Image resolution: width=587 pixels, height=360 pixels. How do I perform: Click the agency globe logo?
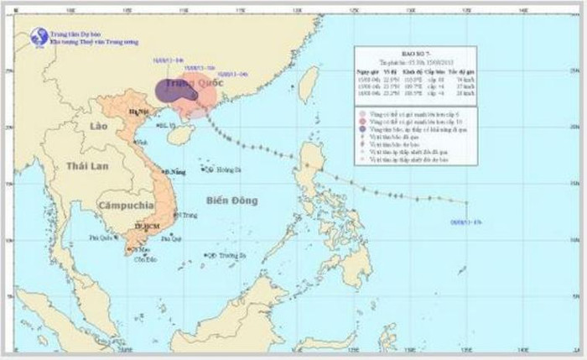pyautogui.click(x=39, y=36)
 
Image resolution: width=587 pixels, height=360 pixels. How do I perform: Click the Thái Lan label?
pyautogui.click(x=89, y=166)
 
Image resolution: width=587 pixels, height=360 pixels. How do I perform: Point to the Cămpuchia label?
pyautogui.click(x=126, y=204)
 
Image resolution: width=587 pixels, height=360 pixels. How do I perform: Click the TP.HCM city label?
pyautogui.click(x=146, y=227)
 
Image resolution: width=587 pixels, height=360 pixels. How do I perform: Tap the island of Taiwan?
pyautogui.click(x=309, y=85)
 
